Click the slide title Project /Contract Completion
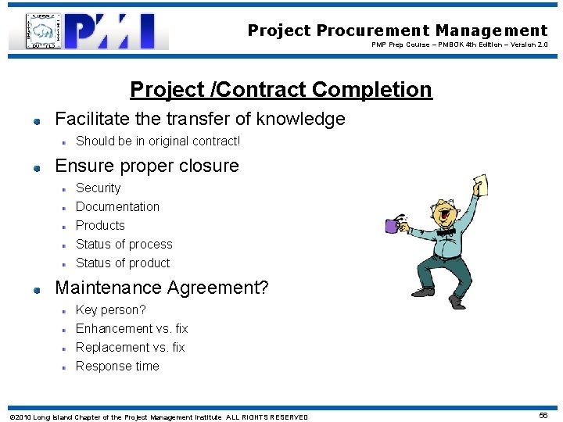coord(281,90)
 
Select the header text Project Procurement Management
coord(397,30)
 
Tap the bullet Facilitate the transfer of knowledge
coord(199,120)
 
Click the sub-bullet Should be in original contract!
coord(158,141)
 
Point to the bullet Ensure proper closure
coord(146,166)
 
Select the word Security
coord(98,188)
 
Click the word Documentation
coord(117,207)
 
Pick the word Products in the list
coord(100,226)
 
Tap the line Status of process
coord(124,245)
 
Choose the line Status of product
coord(122,263)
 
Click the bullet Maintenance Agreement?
coord(161,288)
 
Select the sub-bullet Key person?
coord(110,310)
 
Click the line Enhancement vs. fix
coord(131,329)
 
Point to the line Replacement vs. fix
coord(130,348)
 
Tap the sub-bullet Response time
coord(117,367)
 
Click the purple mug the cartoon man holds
coord(392,226)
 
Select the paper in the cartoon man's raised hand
coord(480,185)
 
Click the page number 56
coord(543,416)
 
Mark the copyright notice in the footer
coord(159,417)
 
